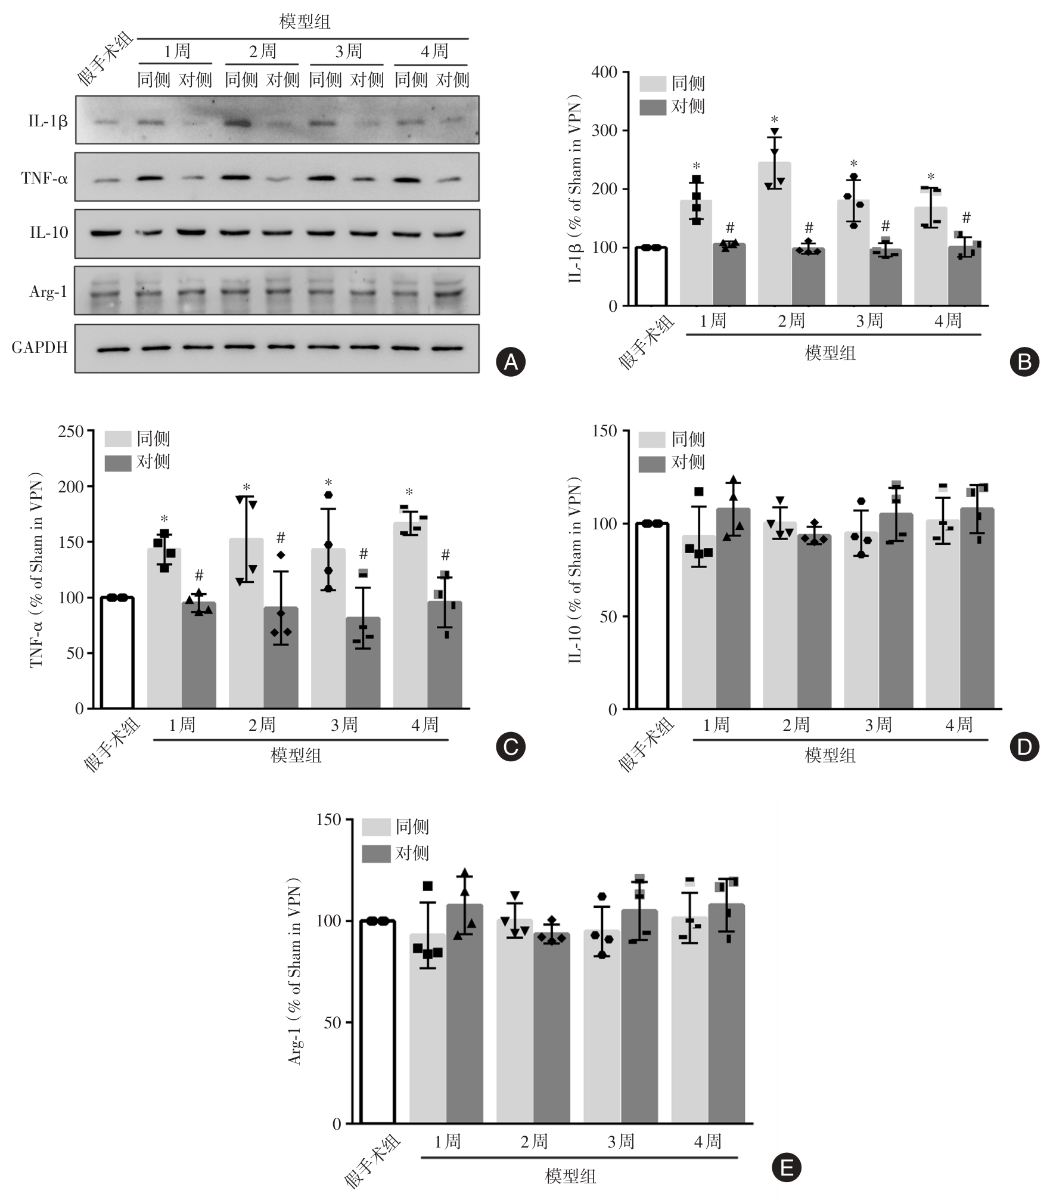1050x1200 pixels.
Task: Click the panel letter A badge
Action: coord(511,361)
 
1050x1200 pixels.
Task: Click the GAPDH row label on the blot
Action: coord(40,348)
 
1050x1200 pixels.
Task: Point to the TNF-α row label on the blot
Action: coord(44,178)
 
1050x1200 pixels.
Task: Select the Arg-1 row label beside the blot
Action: coord(48,292)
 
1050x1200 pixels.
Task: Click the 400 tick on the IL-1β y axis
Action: coord(604,72)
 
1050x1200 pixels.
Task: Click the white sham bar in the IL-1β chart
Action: coord(651,277)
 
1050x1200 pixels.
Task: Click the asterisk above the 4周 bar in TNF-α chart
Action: coord(409,493)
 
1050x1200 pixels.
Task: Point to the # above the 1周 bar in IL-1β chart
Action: coord(730,227)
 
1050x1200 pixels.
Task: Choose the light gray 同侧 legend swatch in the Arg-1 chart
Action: coord(376,827)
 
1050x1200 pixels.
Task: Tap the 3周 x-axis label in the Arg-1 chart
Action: coord(621,1141)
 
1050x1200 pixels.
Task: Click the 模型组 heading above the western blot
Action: coord(305,22)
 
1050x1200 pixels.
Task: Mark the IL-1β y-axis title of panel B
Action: coord(575,188)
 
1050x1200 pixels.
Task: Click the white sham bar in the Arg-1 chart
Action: coord(377,1022)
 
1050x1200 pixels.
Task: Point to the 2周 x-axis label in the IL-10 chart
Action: coord(796,724)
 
